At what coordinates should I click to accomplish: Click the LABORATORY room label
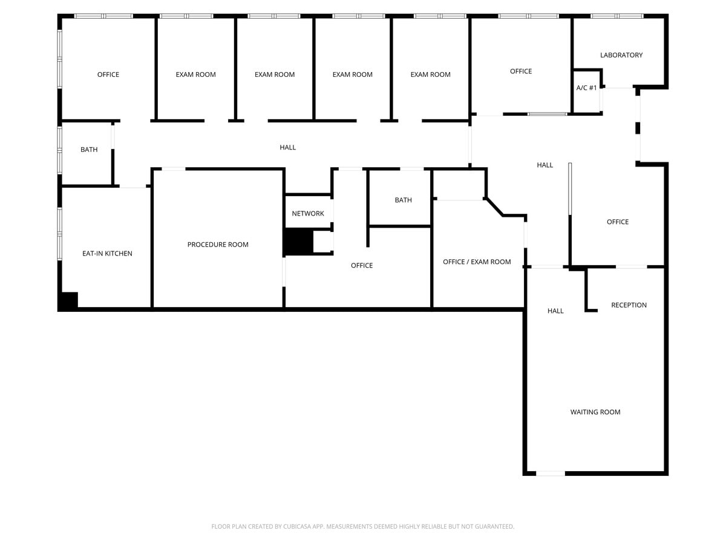(x=621, y=55)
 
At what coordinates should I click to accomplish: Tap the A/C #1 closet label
(x=586, y=88)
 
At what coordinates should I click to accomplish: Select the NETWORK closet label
(x=308, y=214)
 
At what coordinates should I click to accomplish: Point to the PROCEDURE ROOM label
(x=218, y=245)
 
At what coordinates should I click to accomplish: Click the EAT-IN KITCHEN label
(x=107, y=254)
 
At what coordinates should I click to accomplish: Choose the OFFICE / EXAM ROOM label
(x=477, y=262)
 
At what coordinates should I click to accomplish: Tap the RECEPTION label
(x=629, y=305)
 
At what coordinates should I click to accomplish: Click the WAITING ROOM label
(x=595, y=412)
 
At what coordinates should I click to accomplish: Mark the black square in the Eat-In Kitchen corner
(x=68, y=301)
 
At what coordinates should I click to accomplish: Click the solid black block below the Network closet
(x=298, y=242)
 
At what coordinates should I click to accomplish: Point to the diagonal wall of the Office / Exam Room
(x=494, y=206)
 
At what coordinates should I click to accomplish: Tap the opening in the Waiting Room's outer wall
(x=551, y=473)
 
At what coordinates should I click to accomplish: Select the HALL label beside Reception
(x=555, y=311)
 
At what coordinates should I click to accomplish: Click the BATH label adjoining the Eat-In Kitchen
(x=89, y=150)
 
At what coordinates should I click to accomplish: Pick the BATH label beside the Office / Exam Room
(x=403, y=200)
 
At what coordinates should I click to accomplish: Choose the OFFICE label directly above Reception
(x=618, y=222)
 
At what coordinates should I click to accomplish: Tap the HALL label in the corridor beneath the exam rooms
(x=288, y=148)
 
